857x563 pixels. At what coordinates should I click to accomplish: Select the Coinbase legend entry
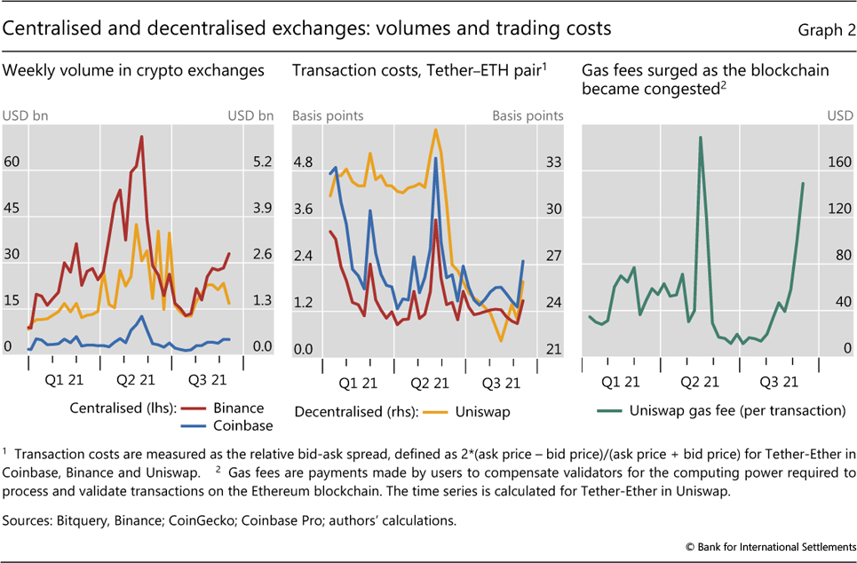pos(237,426)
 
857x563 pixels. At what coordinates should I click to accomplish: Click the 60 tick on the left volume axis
pos(13,163)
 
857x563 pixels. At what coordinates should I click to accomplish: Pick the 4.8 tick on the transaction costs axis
pos(304,163)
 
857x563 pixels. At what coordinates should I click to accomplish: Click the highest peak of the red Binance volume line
pos(142,136)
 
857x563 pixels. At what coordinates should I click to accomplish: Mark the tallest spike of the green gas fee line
pos(700,138)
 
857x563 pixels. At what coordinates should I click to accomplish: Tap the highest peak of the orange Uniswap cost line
pos(436,130)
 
